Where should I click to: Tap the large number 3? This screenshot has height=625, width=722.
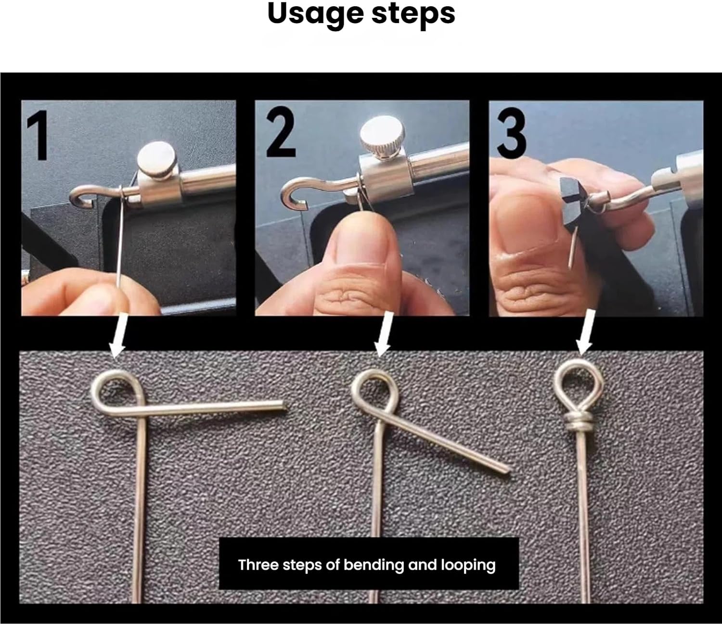(512, 133)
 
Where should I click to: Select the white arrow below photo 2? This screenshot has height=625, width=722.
(384, 334)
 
